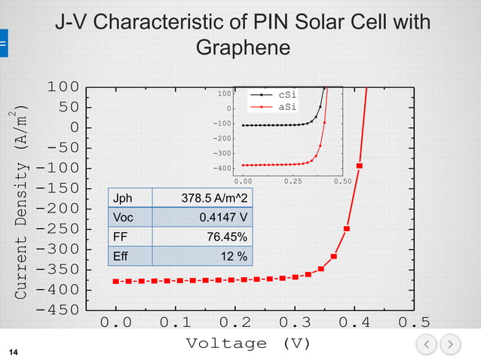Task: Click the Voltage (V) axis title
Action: tap(248, 343)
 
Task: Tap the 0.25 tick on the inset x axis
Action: tap(293, 182)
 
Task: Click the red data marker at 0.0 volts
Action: tap(116, 282)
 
